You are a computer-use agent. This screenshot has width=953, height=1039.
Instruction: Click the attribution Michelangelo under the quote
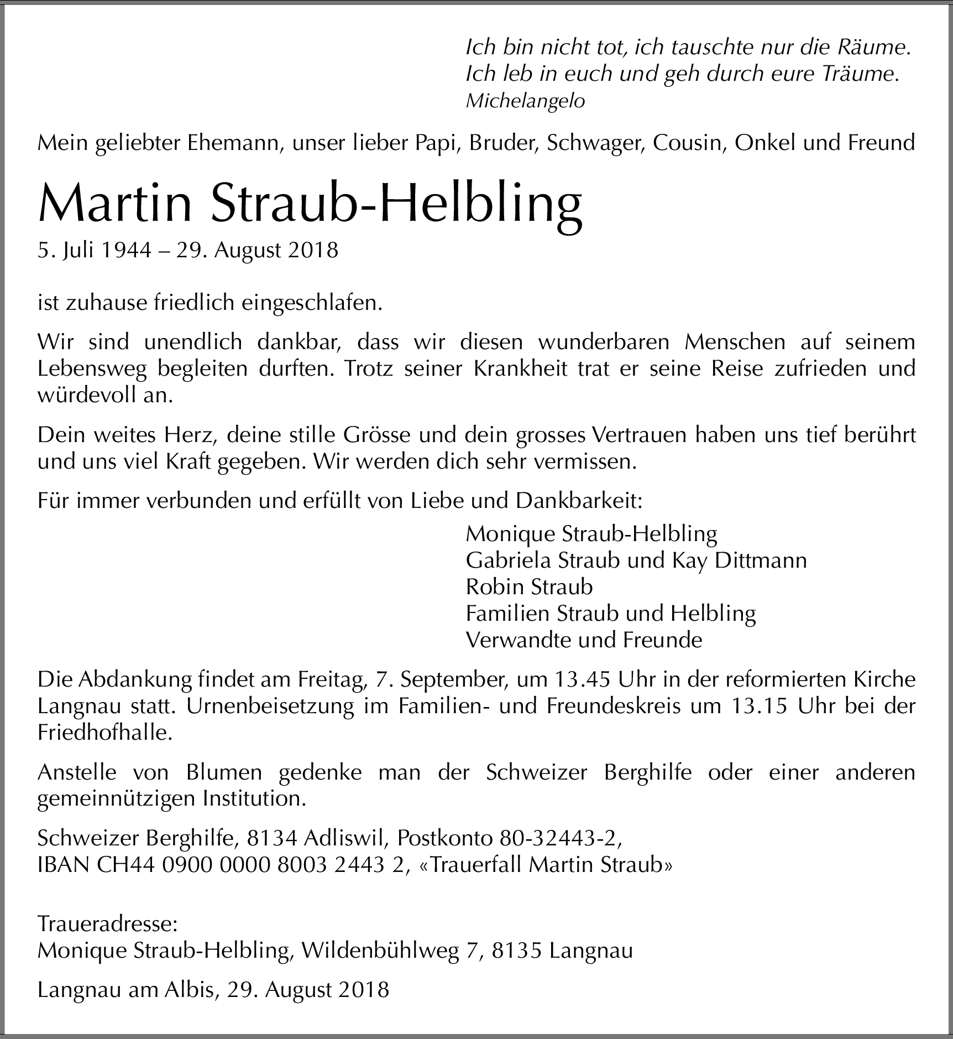pyautogui.click(x=525, y=101)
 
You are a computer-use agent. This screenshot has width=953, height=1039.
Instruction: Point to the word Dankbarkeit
pyautogui.click(x=579, y=501)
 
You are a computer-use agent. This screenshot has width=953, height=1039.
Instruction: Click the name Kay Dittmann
pyautogui.click(x=739, y=560)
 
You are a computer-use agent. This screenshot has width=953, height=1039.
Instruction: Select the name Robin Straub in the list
pyautogui.click(x=529, y=587)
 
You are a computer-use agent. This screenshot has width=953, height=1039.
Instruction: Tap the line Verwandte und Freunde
pyautogui.click(x=584, y=640)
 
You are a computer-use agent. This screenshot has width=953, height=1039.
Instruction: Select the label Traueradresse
pyautogui.click(x=107, y=923)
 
